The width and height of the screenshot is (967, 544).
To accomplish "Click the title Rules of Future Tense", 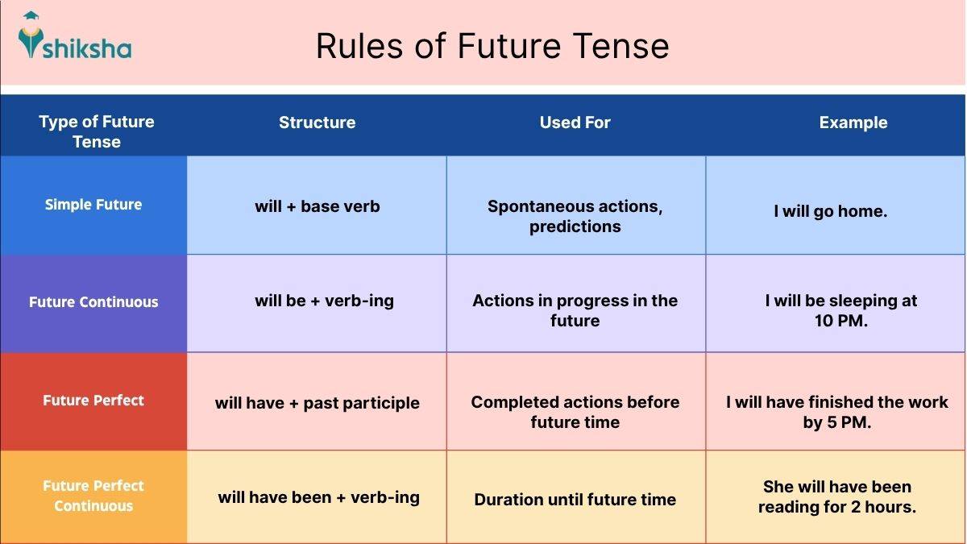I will tap(492, 46).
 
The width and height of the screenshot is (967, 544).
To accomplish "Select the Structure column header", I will tap(317, 123).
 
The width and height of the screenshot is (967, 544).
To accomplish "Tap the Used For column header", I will tap(575, 123).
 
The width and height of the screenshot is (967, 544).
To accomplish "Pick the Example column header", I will tap(853, 123).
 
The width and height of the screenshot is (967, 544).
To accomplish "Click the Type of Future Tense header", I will tap(96, 131).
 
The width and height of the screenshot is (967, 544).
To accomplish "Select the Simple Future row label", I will tap(93, 205).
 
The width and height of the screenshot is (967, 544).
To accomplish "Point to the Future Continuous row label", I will tap(93, 302).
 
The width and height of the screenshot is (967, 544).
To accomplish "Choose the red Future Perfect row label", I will tap(93, 401).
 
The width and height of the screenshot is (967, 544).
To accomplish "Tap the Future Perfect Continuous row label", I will tap(93, 496).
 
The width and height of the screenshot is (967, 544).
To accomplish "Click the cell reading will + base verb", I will tap(317, 206).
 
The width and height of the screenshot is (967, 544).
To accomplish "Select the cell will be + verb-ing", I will tap(324, 301).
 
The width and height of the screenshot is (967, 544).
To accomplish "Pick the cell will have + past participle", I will tap(317, 403).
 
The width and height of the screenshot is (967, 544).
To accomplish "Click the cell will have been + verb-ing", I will tap(318, 497).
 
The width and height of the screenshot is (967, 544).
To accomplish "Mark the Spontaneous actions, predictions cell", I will tap(575, 216).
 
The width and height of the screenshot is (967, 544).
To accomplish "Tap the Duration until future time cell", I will tap(575, 500).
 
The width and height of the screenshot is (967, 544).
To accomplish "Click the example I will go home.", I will tap(830, 212).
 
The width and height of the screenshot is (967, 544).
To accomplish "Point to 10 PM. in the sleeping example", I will tap(841, 321).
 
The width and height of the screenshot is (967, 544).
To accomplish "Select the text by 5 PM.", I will tap(836, 422).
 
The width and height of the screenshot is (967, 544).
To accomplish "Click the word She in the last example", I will tap(778, 487).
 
